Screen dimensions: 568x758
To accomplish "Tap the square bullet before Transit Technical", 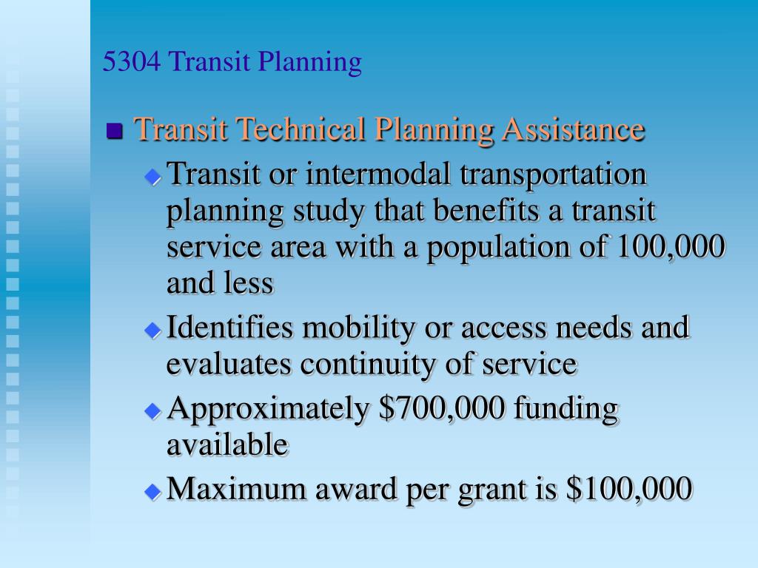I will [114, 132].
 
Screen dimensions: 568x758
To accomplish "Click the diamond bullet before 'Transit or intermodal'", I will [153, 177].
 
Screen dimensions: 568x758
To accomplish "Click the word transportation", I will [554, 176].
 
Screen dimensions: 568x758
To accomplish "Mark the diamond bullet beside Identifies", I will [153, 329].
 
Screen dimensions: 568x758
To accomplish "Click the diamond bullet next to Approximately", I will [153, 410].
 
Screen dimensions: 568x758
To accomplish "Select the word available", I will [227, 444].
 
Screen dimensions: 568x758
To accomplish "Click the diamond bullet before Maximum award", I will [153, 491].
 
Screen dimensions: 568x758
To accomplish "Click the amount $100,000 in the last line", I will [628, 489].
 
